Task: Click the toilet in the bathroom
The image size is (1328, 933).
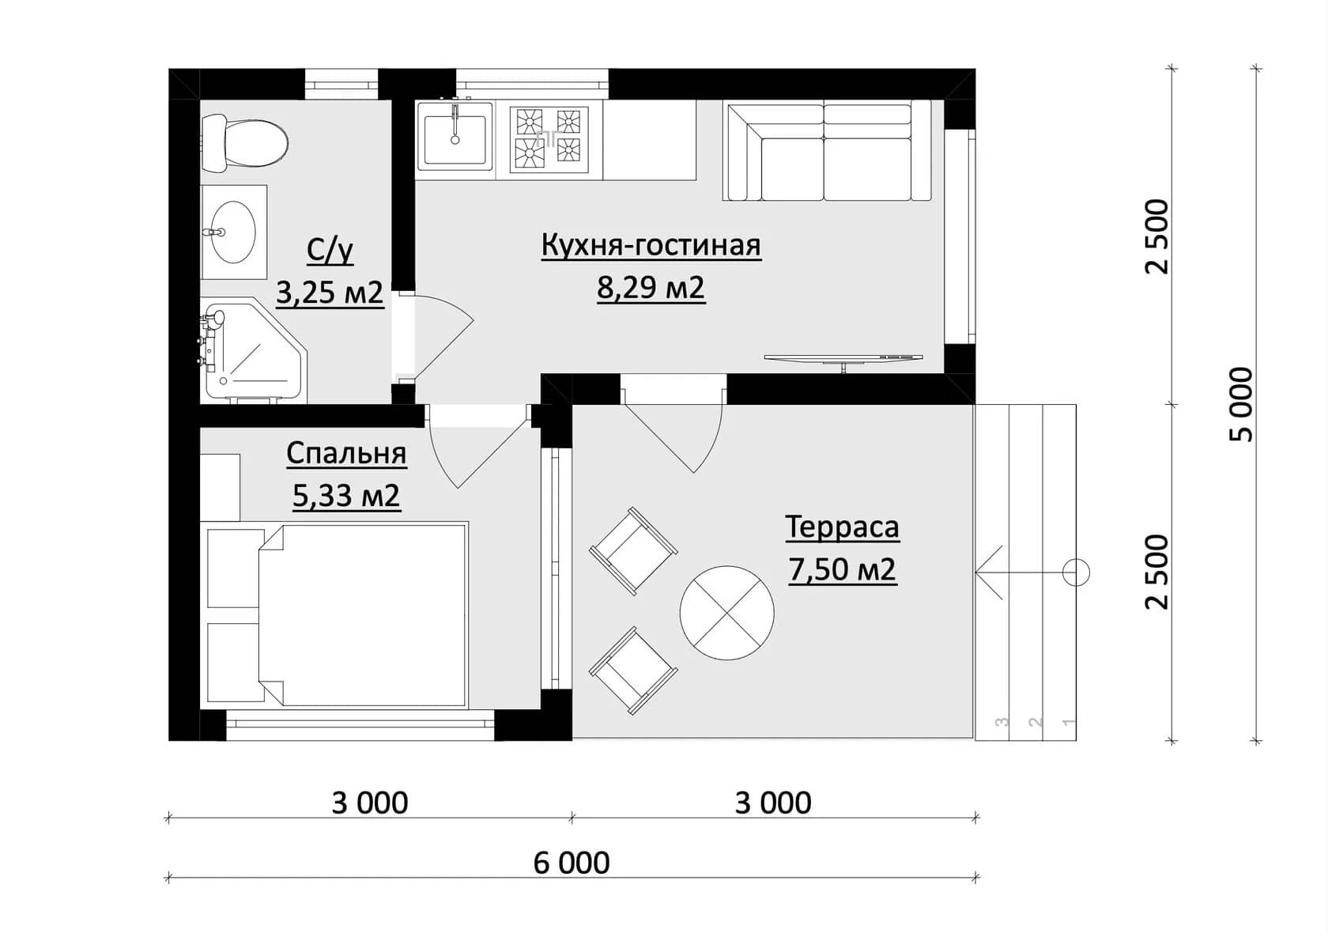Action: click(244, 144)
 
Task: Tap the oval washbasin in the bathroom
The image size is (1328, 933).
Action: click(234, 232)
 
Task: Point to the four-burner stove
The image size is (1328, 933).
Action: click(549, 139)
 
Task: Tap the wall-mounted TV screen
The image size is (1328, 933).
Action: click(843, 358)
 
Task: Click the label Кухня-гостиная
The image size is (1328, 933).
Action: click(651, 246)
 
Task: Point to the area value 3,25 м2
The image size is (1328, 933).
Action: click(330, 293)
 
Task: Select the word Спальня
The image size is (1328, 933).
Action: click(347, 455)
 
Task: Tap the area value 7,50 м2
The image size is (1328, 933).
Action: click(843, 570)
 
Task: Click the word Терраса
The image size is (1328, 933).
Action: click(843, 527)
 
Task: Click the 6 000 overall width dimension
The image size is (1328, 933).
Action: click(572, 863)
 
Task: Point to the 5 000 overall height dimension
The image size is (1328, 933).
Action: click(1241, 405)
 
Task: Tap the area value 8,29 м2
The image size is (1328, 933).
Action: click(651, 289)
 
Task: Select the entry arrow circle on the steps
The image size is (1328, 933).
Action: click(1075, 573)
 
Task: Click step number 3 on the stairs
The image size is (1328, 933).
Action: click(1002, 722)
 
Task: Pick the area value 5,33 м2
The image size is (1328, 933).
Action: click(346, 496)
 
